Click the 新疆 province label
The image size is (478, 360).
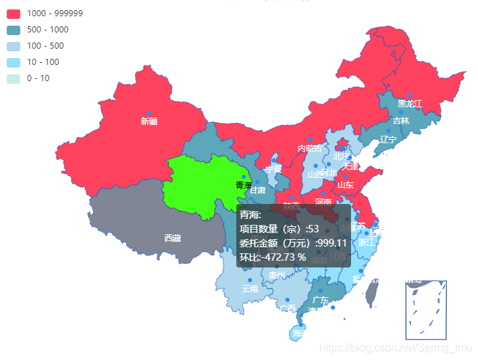pyautogui.click(x=149, y=122)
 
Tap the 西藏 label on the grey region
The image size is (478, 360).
pyautogui.click(x=172, y=238)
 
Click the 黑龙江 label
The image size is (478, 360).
pyautogui.click(x=409, y=103)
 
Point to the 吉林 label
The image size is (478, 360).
pyautogui.click(x=401, y=121)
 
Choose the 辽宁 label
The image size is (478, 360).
pyautogui.click(x=388, y=140)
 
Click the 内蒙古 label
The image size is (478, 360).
pyautogui.click(x=310, y=149)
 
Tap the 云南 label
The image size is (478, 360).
pyautogui.click(x=250, y=289)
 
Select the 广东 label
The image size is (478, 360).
pyautogui.click(x=321, y=300)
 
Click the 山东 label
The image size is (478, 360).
pyautogui.click(x=345, y=184)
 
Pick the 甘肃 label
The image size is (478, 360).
pyautogui.click(x=257, y=191)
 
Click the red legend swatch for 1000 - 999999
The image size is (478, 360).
pyautogui.click(x=14, y=14)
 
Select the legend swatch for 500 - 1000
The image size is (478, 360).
pyautogui.click(x=14, y=30)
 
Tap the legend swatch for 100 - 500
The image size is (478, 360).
pyautogui.click(x=14, y=46)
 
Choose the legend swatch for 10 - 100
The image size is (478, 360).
pyautogui.click(x=14, y=62)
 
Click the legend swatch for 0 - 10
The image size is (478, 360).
pyautogui.click(x=14, y=78)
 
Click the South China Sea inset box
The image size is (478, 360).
pyautogui.click(x=426, y=310)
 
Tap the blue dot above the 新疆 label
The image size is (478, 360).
pyautogui.click(x=149, y=112)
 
